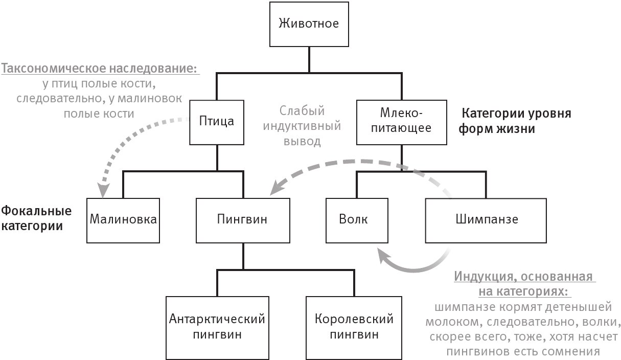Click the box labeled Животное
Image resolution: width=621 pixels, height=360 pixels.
coord(308,24)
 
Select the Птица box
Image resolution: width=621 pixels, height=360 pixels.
coord(216,122)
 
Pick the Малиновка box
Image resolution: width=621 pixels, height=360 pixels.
coord(122,220)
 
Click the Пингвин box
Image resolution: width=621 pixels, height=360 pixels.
coord(243,220)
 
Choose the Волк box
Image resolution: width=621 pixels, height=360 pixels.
coord(353,220)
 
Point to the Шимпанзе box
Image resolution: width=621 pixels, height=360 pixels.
coord(486,220)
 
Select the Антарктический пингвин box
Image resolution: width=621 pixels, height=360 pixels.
coord(217,327)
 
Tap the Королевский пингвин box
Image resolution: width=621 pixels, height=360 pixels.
coord(354,327)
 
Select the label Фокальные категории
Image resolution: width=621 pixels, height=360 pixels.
coord(36,218)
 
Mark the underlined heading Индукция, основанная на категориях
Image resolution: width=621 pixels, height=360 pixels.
coord(525,284)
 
